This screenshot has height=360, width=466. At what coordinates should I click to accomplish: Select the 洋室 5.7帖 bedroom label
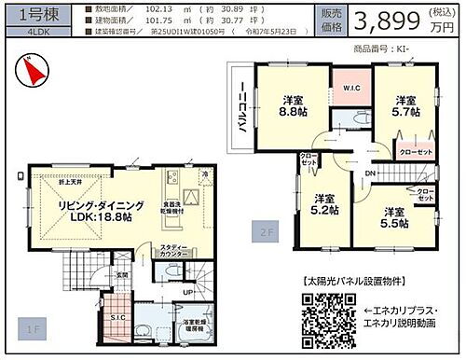[x=404, y=106]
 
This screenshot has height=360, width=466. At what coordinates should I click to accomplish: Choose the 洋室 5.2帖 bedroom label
[x=323, y=204]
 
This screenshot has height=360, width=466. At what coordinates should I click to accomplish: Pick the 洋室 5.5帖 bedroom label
[x=395, y=217]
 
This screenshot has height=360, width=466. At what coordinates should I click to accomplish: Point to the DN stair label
[x=370, y=173]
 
